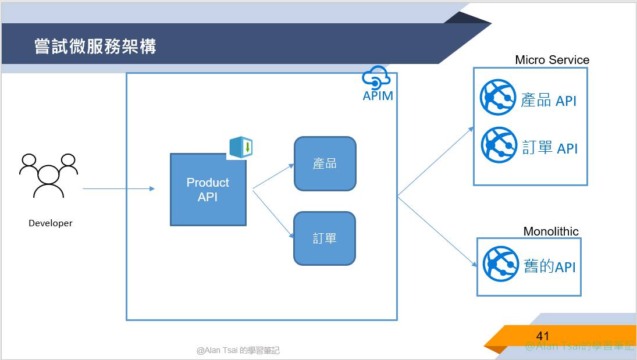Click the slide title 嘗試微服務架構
pos(95,47)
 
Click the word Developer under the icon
pos(51,223)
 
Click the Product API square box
pos(208,190)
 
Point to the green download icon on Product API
pos(241,147)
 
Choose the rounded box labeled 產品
pos(325,163)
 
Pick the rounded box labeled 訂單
pos(325,238)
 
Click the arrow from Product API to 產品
pos(273,176)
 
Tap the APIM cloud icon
pos(375,77)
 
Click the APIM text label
pos(378,95)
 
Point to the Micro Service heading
pos(552,60)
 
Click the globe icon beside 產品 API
pos(498,97)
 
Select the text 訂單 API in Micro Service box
pos(550,148)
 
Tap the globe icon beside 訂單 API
pos(499,145)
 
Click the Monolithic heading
pos(551,231)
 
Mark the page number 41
pos(543,336)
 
